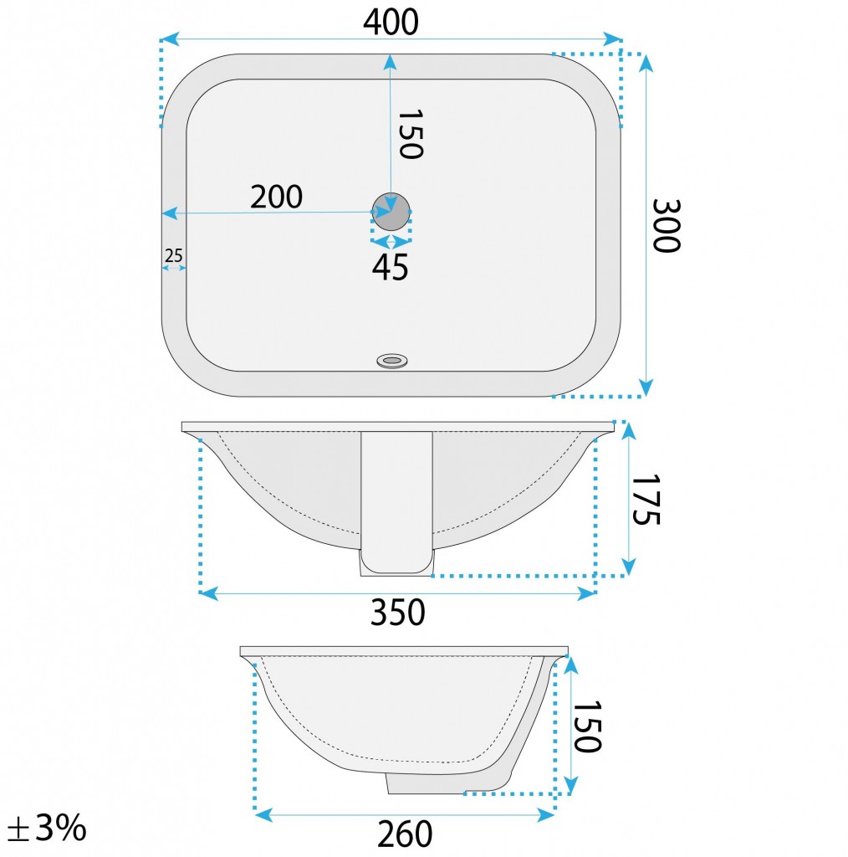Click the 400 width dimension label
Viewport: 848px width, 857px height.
(391, 23)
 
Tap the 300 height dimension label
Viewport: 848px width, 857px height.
(667, 226)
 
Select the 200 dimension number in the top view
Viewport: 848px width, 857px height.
(276, 197)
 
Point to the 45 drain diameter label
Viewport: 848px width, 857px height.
(390, 268)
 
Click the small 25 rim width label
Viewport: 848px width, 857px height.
(174, 255)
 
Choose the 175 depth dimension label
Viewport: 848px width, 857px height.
(646, 500)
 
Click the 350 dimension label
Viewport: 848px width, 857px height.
(397, 612)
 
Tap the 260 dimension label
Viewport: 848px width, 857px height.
(405, 834)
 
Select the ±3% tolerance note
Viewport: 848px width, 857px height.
(48, 828)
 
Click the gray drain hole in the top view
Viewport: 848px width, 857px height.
(391, 212)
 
